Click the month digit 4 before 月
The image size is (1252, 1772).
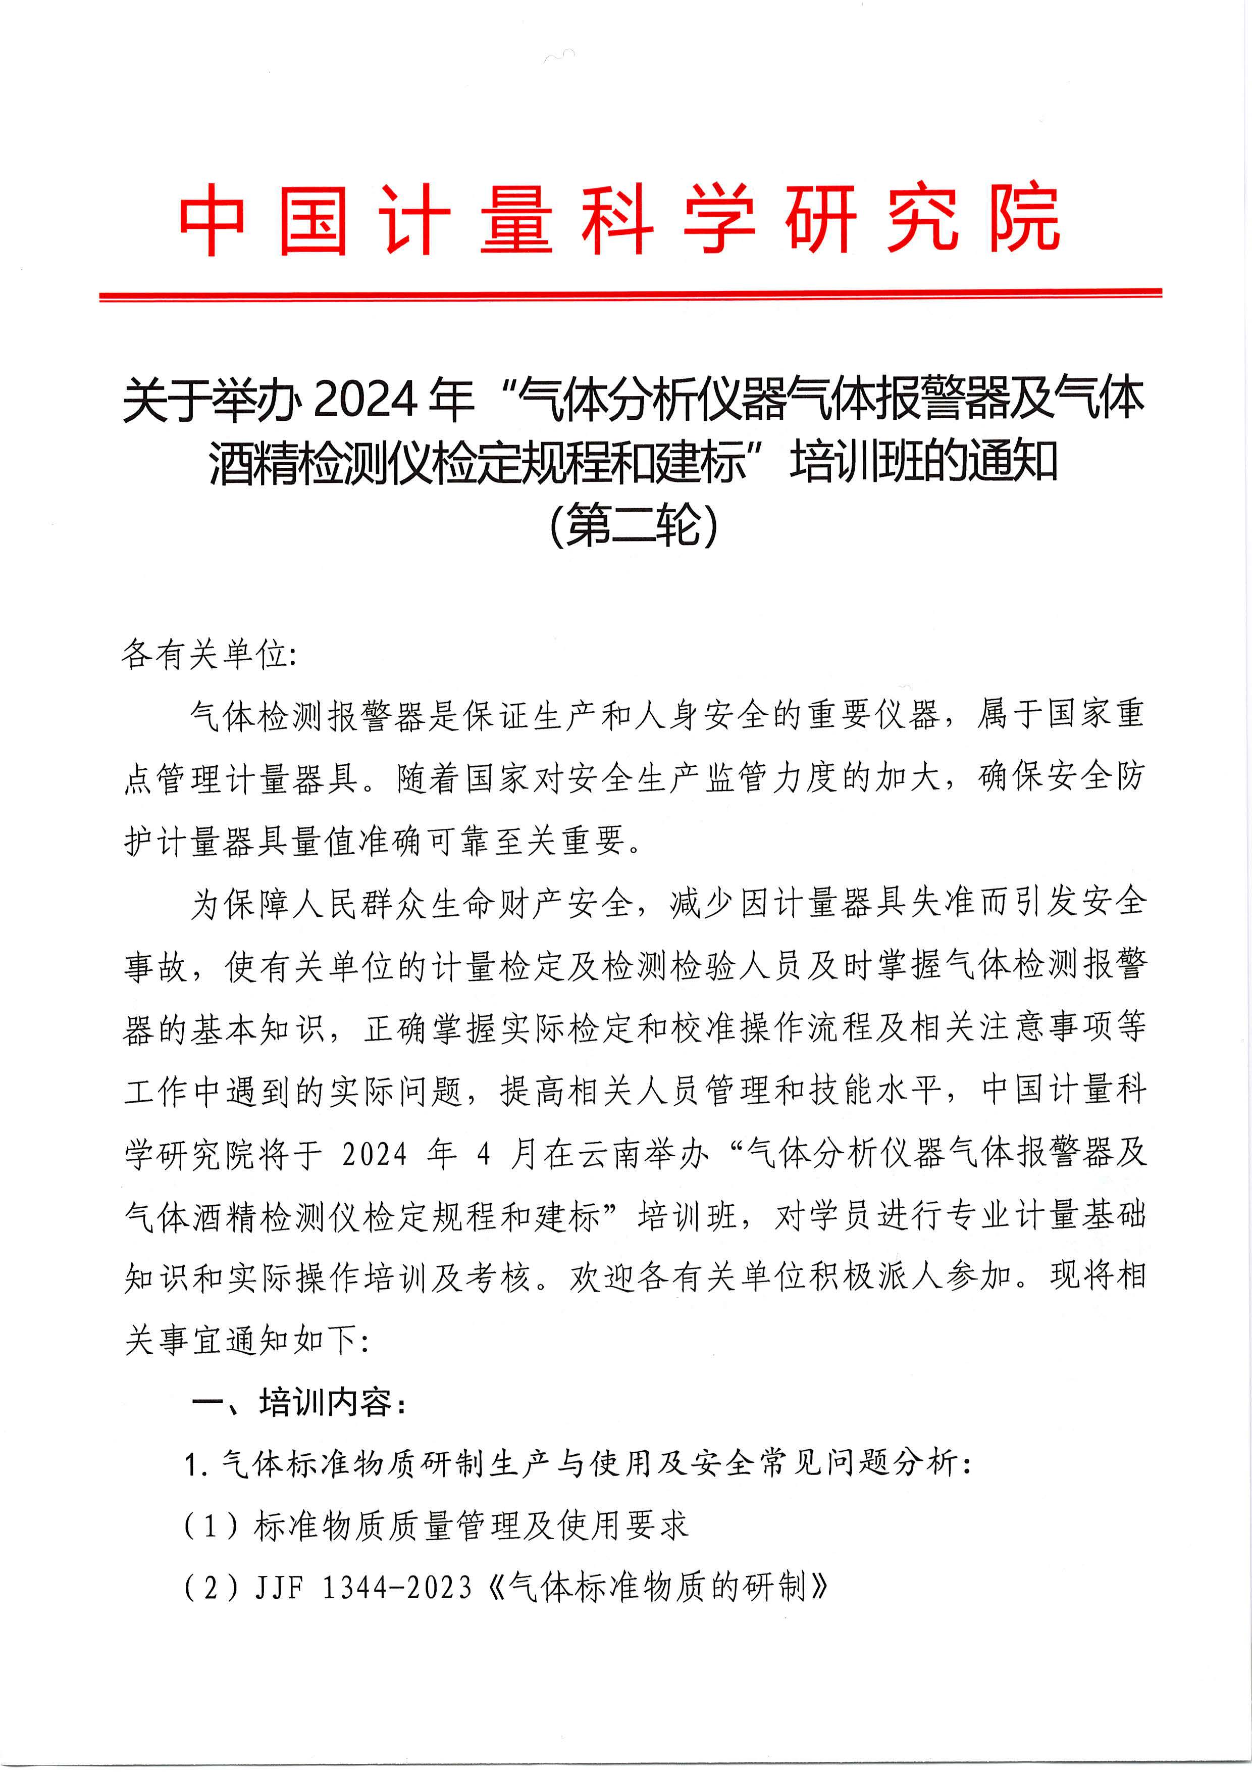coord(484,1155)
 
